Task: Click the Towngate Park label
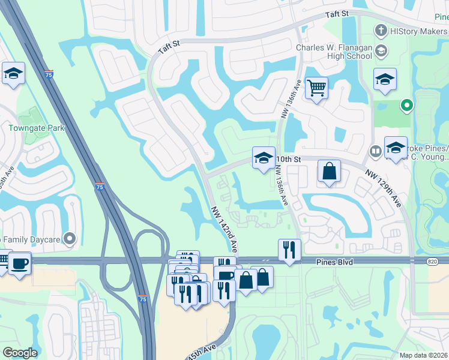pos(36,127)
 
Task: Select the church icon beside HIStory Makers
pos(380,30)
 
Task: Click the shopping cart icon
pos(316,88)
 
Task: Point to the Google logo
pos(20,353)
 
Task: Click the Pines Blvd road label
pos(336,263)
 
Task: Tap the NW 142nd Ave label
pos(224,229)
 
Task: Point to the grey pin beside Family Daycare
pos(71,239)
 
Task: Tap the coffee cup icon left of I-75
pos(19,263)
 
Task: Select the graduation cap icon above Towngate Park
pos(13,74)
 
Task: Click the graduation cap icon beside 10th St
pos(263,158)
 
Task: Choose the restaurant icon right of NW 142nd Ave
pos(289,250)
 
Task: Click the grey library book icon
pos(376,151)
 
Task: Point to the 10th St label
pos(288,159)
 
